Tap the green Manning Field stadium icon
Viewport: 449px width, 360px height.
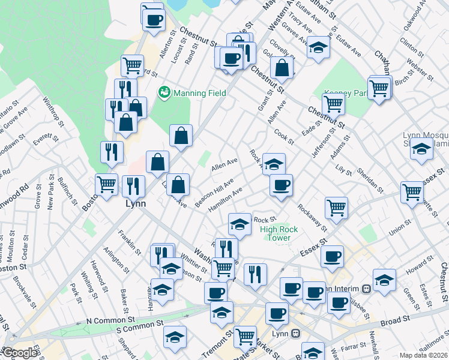click(163, 92)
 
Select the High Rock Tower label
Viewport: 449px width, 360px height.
click(276, 233)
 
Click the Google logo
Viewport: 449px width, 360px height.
click(20, 353)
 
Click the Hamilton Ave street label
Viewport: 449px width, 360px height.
click(224, 199)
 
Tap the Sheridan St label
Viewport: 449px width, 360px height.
click(372, 179)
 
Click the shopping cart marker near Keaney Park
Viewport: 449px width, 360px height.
click(333, 104)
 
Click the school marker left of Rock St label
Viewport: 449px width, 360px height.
click(240, 224)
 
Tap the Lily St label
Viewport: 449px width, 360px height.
click(343, 170)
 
